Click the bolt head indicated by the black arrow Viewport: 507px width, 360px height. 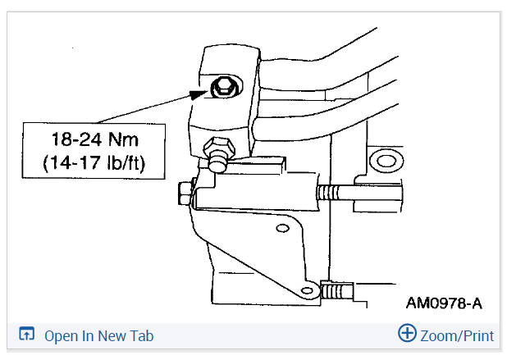tap(222, 88)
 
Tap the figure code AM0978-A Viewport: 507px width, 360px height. tap(444, 303)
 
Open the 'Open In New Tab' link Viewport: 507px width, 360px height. tap(98, 335)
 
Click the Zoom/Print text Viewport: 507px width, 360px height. tap(457, 335)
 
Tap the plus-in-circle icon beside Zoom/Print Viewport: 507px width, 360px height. tap(407, 334)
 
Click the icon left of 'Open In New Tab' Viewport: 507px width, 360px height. tap(27, 335)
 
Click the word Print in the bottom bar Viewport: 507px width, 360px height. tap(475, 335)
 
